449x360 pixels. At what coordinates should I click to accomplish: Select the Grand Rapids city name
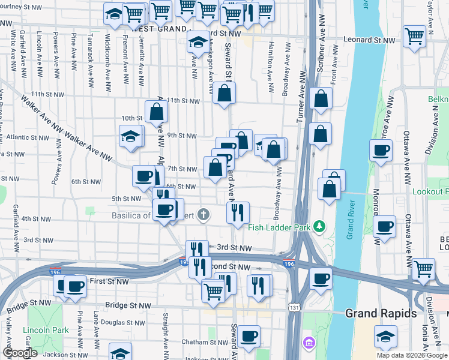tap(381, 313)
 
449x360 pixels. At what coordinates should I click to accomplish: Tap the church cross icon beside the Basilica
tap(204, 214)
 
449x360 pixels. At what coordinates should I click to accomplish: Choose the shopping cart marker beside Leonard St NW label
tap(414, 36)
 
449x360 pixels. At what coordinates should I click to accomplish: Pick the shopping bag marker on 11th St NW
tap(224, 94)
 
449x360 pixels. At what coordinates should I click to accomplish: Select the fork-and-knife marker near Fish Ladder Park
tap(238, 212)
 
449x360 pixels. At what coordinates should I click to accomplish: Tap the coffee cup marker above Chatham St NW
tap(247, 337)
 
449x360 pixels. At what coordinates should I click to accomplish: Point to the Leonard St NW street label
tap(369, 40)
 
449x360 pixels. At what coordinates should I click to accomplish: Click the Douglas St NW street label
tap(121, 322)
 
